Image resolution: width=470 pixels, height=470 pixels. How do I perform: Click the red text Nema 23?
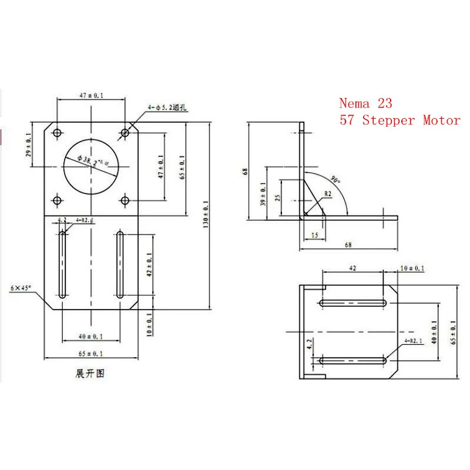pyautogui.click(x=365, y=103)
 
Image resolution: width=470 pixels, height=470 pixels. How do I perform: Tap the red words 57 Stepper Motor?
pyautogui.click(x=399, y=120)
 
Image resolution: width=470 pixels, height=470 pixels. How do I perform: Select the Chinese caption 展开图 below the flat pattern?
pyautogui.click(x=90, y=373)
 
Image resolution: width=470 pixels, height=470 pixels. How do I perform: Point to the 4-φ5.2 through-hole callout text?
pyautogui.click(x=172, y=107)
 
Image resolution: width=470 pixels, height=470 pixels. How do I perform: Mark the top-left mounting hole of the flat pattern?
pyautogui.click(x=57, y=133)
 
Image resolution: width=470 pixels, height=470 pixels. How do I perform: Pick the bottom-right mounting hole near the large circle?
pyautogui.click(x=125, y=201)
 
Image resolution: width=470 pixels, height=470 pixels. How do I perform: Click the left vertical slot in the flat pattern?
pyautogui.click(x=62, y=266)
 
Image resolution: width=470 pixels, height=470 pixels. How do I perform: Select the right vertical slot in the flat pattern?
pyautogui.click(x=120, y=266)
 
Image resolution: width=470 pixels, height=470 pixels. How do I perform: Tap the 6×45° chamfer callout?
pyautogui.click(x=22, y=288)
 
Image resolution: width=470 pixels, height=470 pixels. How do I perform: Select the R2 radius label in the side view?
pyautogui.click(x=329, y=193)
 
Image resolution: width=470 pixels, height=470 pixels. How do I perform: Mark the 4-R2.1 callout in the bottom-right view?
pyautogui.click(x=414, y=340)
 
